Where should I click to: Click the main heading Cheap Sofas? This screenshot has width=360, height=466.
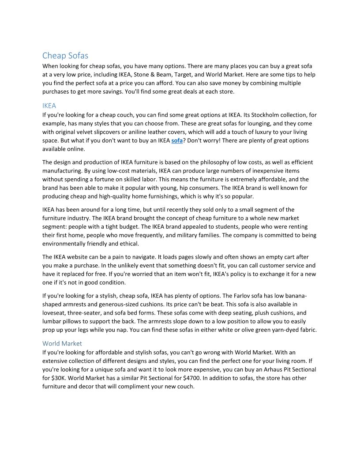click(x=65, y=56)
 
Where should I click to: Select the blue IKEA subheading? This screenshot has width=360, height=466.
click(x=49, y=106)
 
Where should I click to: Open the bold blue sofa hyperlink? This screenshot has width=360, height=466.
click(x=176, y=140)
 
